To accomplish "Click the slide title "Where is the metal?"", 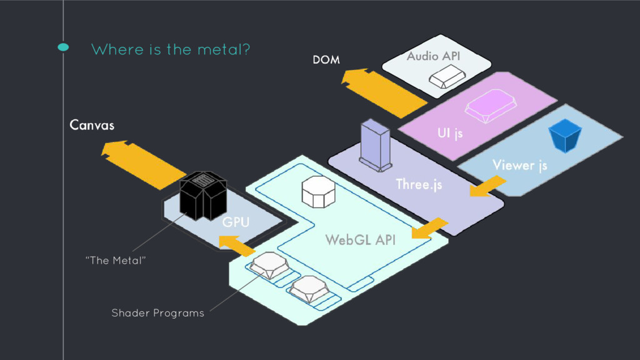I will coord(171,49).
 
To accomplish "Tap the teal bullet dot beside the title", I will coord(63,47).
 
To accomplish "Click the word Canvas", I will coord(92,125).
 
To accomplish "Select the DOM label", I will coord(326,60).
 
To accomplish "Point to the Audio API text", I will coord(433,57).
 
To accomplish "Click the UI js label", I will coord(450,134).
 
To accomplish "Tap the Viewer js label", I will coord(519,165).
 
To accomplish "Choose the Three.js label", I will coord(418,184).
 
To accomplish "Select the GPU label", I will coord(236,222).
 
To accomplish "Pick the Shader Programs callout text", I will coord(157,312).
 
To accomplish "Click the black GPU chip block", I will coord(202,195).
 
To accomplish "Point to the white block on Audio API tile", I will coord(446,77).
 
